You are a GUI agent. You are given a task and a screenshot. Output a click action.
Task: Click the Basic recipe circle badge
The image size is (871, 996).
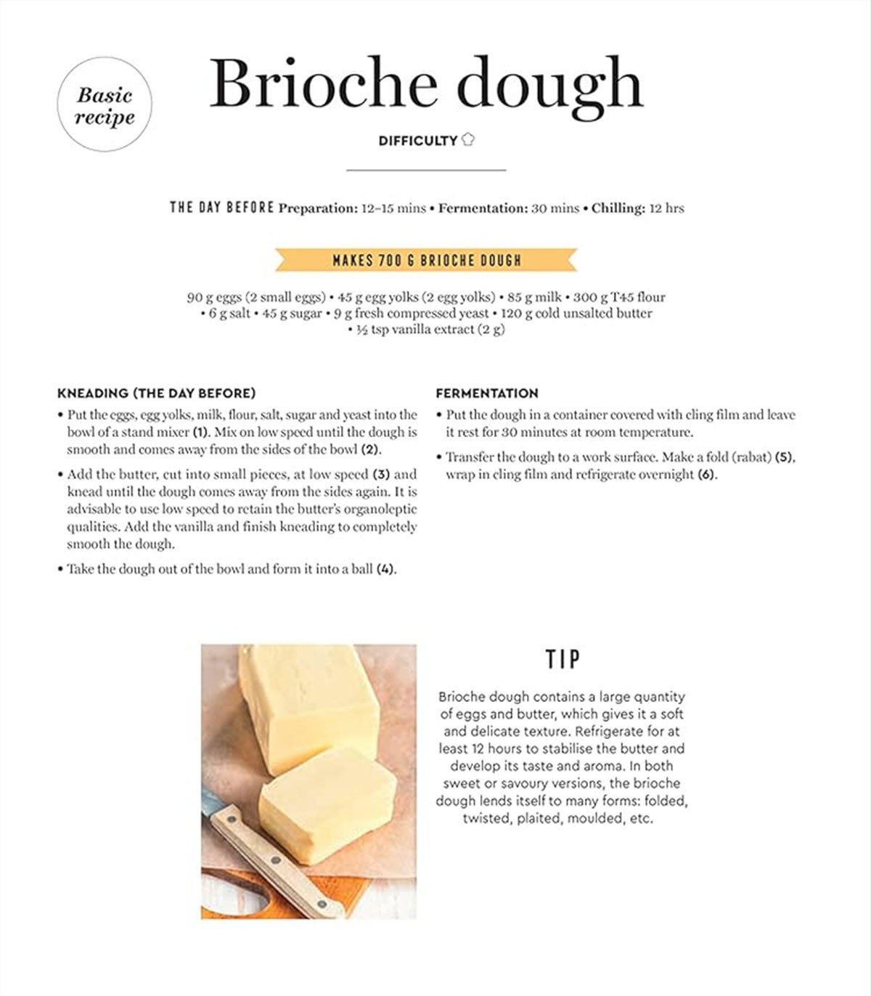[x=105, y=105]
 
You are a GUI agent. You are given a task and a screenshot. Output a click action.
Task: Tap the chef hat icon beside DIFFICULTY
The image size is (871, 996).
[x=468, y=139]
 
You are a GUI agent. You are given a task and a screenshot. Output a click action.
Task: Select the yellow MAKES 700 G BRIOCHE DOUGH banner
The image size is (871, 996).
[x=426, y=260]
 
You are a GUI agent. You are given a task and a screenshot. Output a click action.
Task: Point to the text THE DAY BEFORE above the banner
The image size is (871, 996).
[x=222, y=208]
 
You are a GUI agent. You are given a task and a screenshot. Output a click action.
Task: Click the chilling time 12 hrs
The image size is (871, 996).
[x=666, y=208]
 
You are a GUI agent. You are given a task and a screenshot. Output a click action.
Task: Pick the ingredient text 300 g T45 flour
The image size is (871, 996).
[x=619, y=297]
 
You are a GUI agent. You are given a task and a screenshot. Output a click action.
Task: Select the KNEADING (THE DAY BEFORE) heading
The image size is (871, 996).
[x=156, y=393]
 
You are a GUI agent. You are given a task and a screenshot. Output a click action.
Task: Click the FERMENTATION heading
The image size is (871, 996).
[x=487, y=393]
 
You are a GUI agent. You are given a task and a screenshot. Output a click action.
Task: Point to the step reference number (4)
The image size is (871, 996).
[x=385, y=569]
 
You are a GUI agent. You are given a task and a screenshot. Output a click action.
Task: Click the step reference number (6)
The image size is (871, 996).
[x=707, y=475]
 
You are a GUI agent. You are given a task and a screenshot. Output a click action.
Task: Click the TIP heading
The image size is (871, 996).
[x=563, y=659]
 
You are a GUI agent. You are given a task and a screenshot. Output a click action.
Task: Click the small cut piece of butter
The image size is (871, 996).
[x=328, y=807]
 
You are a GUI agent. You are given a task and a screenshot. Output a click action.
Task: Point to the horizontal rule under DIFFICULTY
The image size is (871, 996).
[x=426, y=170]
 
